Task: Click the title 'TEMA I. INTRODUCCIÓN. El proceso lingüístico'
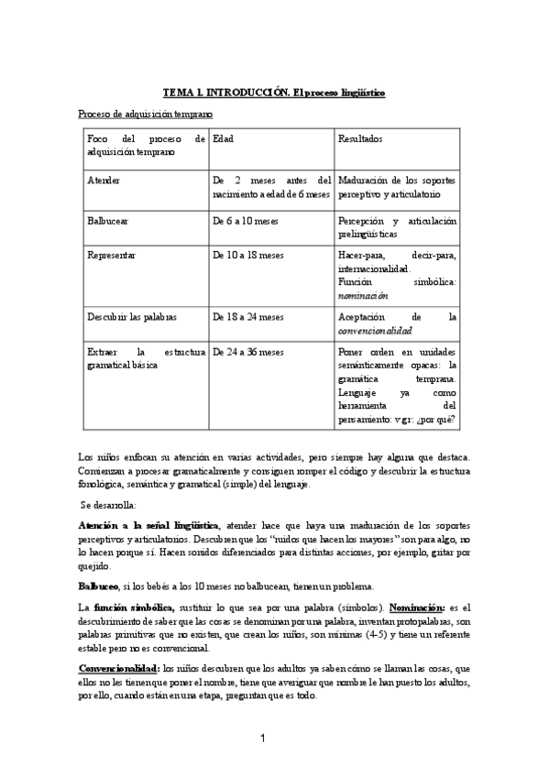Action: [x=274, y=93]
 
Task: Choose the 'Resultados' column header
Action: [x=360, y=138]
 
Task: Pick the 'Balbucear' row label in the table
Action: [x=108, y=222]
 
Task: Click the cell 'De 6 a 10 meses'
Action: [x=245, y=222]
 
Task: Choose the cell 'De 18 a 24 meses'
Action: [x=247, y=317]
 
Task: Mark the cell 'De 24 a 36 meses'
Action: [x=247, y=351]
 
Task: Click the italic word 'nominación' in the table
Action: [x=364, y=296]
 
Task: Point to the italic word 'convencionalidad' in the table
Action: [x=375, y=331]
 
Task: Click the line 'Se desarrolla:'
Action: [x=109, y=505]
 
